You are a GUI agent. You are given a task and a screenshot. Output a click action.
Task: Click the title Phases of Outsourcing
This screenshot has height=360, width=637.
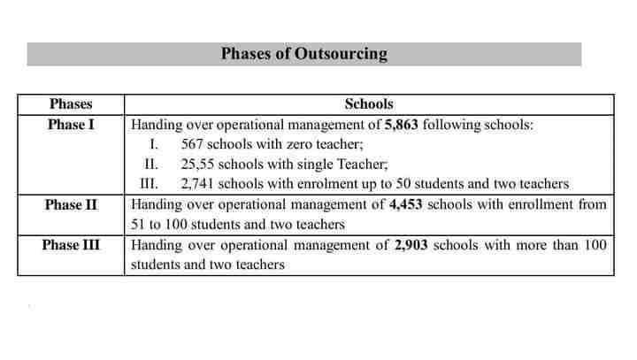[303, 54]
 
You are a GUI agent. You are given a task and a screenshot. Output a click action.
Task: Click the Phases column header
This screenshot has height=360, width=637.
[71, 104]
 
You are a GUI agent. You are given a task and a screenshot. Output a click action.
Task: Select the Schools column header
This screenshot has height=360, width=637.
[369, 104]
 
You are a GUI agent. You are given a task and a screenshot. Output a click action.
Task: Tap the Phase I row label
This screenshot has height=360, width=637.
[71, 125]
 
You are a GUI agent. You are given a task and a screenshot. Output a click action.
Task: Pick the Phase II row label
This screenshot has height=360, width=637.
[71, 205]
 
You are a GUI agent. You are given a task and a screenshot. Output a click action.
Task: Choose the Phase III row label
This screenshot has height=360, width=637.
[71, 245]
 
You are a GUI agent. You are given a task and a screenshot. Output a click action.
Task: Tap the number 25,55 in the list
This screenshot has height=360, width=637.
[196, 165]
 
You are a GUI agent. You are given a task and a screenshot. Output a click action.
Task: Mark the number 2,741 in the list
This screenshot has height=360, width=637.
[196, 185]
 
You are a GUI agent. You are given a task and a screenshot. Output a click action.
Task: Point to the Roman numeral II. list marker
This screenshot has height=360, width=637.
[150, 165]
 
